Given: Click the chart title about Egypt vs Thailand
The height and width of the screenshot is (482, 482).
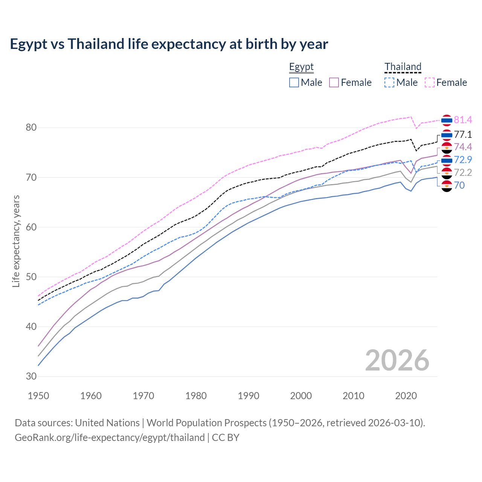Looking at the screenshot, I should click(169, 44).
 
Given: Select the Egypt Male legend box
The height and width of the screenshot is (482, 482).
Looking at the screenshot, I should click(294, 82).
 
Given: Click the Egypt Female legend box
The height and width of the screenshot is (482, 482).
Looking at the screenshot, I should click(334, 82).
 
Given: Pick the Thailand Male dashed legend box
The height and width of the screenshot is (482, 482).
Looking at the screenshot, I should click(389, 82).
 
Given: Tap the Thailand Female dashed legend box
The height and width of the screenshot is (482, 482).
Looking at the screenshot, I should click(429, 82).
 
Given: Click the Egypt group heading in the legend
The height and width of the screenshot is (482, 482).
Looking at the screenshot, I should click(301, 67).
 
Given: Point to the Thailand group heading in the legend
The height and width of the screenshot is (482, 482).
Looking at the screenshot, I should click(403, 67).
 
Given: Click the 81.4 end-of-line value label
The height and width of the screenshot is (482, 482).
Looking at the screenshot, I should click(463, 120).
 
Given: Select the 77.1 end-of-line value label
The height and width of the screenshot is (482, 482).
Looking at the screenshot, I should click(463, 134).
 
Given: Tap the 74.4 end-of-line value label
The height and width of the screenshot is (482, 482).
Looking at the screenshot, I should click(463, 147).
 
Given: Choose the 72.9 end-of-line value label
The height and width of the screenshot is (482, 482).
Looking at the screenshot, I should click(463, 160).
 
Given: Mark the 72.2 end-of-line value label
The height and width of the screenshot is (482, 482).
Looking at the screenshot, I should click(463, 172).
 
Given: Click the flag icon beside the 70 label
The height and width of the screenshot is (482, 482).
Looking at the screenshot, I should click(447, 186).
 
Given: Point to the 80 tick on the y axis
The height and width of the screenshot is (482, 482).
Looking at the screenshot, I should click(31, 128).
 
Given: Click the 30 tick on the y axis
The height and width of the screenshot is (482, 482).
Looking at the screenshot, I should click(31, 376).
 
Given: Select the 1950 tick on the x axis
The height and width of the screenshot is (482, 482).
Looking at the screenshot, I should click(38, 396).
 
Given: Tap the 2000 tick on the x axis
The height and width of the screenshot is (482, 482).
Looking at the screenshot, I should click(301, 396).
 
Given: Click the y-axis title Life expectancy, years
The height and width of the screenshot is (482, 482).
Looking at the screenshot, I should click(16, 241).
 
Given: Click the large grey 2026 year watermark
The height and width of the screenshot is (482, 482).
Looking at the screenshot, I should click(397, 360).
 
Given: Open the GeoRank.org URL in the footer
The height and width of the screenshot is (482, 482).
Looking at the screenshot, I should click(110, 438).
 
